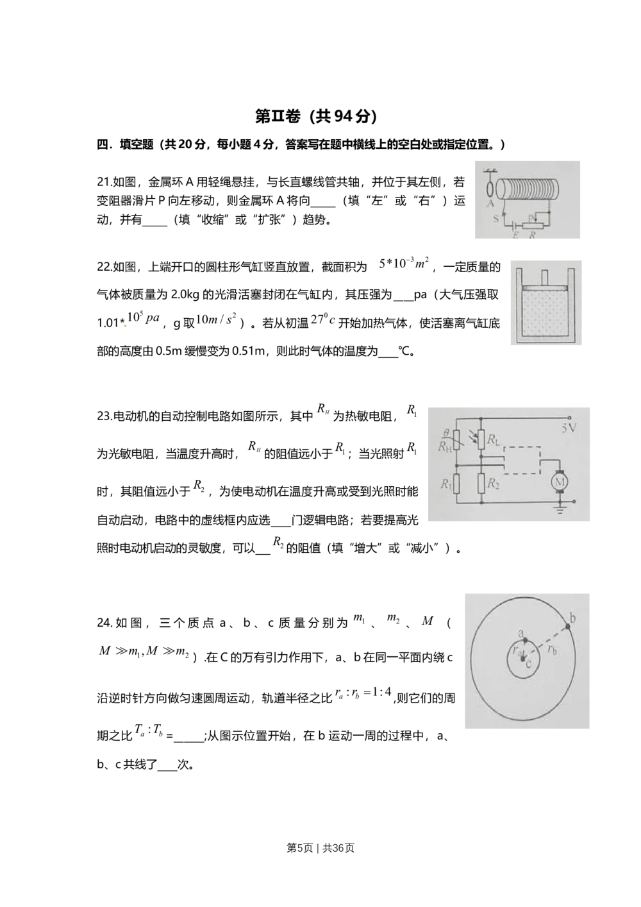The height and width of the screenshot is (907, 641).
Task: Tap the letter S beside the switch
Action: point(495,219)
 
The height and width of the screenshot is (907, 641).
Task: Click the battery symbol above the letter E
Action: point(515,225)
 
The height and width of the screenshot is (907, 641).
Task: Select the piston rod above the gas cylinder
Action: point(545,277)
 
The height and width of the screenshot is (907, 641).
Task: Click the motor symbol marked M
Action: point(560,482)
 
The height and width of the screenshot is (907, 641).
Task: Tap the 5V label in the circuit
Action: point(569,428)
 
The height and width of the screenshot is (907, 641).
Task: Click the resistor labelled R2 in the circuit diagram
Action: point(481,483)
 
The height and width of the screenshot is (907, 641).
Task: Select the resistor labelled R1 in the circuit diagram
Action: point(456,484)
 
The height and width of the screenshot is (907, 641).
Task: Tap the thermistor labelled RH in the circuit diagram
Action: point(456,440)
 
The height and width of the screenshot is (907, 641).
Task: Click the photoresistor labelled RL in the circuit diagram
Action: point(481,440)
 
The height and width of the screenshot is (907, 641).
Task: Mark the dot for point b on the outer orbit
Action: point(568,627)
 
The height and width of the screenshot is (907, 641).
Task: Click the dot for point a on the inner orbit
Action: point(525,640)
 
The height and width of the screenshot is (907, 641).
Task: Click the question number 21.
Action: point(103,182)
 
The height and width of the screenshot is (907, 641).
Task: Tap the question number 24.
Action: point(104,622)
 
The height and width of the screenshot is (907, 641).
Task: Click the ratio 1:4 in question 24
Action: point(381,691)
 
